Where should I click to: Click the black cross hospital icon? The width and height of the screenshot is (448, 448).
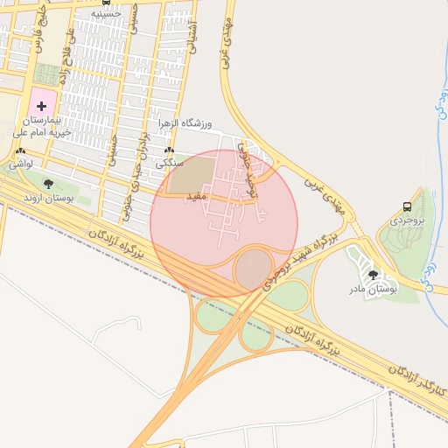(x=41, y=104)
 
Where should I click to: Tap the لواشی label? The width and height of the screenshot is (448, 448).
(x=20, y=164)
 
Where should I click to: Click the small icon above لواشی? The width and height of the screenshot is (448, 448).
(x=20, y=151)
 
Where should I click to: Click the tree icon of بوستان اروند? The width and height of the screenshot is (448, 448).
(x=48, y=184)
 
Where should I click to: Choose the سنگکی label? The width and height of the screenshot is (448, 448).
(x=170, y=163)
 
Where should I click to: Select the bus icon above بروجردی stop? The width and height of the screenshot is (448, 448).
(x=408, y=206)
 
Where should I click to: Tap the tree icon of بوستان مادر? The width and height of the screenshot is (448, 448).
(x=374, y=275)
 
